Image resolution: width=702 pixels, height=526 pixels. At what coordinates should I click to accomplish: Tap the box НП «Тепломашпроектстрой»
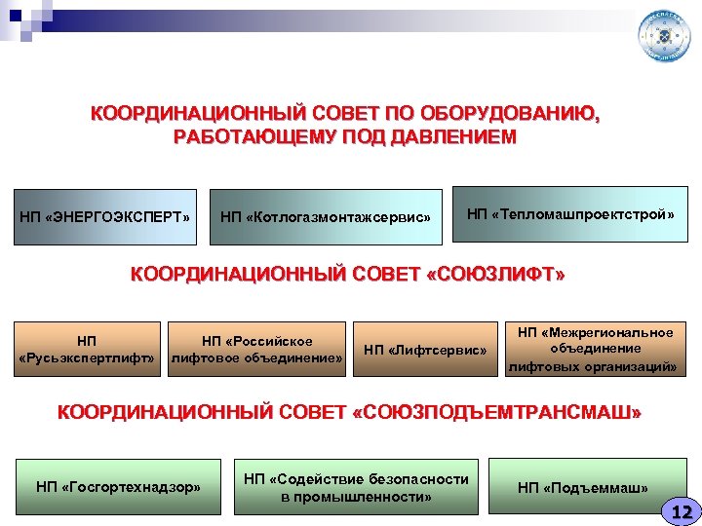pyautogui.click(x=570, y=213)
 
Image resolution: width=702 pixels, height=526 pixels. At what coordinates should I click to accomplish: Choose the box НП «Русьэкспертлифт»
pyautogui.click(x=87, y=350)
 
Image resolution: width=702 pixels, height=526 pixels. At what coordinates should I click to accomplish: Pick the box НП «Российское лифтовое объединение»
pyautogui.click(x=256, y=350)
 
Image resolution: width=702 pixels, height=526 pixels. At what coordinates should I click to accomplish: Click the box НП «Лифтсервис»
pyautogui.click(x=424, y=350)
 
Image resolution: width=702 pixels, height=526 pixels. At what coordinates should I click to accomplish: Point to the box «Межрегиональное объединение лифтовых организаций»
pyautogui.click(x=595, y=349)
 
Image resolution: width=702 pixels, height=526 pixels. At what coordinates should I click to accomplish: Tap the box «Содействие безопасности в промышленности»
pyautogui.click(x=356, y=487)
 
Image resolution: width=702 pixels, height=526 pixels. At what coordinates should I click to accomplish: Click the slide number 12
pyautogui.click(x=681, y=511)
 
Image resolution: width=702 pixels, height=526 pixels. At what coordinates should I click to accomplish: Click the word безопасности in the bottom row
pyautogui.click(x=409, y=478)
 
